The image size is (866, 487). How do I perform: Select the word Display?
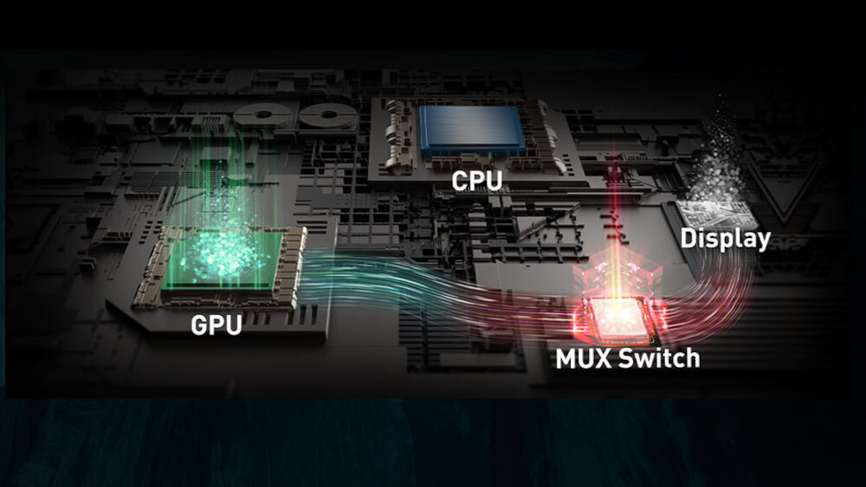725,238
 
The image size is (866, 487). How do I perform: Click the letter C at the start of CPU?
458,182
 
